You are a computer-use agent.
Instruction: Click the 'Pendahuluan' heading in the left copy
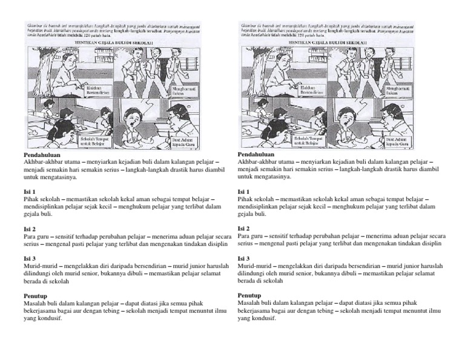[41, 155]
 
